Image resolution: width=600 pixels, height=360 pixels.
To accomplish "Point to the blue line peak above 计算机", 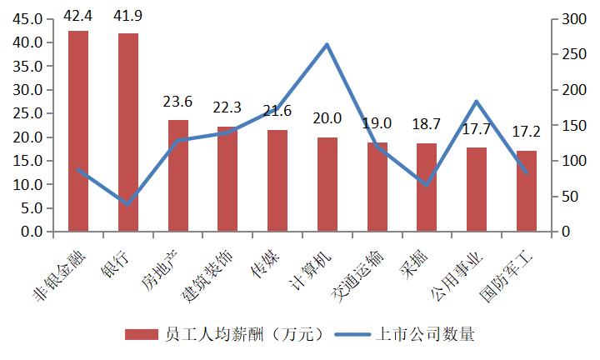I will [x=327, y=44].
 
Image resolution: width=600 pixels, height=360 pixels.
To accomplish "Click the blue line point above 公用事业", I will [x=476, y=102].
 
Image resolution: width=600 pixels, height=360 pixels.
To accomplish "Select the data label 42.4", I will [x=78, y=14].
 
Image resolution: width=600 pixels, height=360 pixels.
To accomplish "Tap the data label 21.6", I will [x=277, y=111].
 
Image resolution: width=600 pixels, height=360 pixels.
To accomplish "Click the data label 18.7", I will [x=426, y=124].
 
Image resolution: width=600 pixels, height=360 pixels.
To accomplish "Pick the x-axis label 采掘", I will [x=417, y=260].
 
